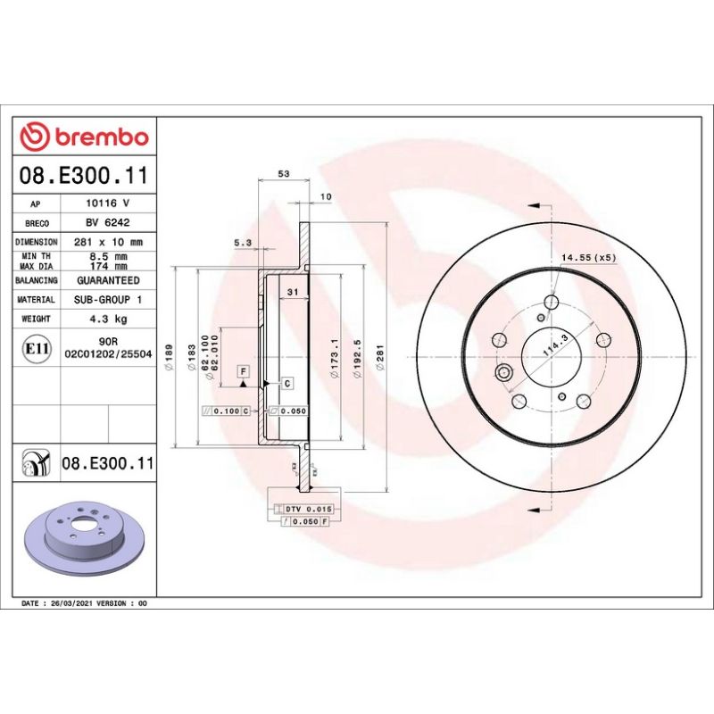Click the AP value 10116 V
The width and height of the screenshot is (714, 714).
[108, 204]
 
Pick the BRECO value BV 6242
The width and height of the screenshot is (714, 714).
[108, 223]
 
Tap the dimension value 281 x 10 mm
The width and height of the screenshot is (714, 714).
[108, 242]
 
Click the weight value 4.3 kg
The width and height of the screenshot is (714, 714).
[108, 319]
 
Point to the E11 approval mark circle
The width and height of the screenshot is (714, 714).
[36, 347]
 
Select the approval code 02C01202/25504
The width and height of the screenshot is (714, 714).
[108, 354]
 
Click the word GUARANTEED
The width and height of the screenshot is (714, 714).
[108, 280]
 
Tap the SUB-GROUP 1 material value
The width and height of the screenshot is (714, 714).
[108, 300]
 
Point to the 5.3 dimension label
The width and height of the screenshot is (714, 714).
[242, 242]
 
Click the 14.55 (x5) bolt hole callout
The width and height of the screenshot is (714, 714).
[588, 257]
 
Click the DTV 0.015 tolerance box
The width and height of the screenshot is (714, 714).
[308, 508]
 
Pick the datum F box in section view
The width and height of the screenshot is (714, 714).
[242, 369]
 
